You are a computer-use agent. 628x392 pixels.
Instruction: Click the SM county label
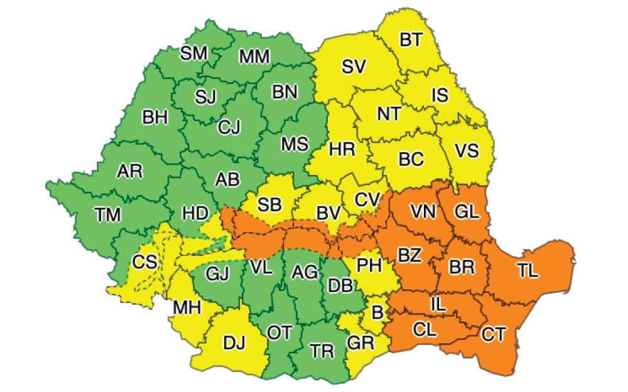[193, 53]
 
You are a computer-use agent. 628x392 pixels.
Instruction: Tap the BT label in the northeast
[411, 40]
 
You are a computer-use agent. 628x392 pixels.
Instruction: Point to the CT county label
[493, 334]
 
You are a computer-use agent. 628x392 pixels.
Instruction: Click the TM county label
[109, 215]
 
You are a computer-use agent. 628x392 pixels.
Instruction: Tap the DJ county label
[234, 343]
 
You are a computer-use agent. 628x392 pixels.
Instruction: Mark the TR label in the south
[322, 351]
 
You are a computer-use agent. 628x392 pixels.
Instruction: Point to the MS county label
[295, 144]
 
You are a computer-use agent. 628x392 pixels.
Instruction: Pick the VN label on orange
[423, 212]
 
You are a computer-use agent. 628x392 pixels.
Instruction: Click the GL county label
[467, 212]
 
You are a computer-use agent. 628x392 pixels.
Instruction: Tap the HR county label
[342, 149]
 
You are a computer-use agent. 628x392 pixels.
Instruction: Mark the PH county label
[369, 265]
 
